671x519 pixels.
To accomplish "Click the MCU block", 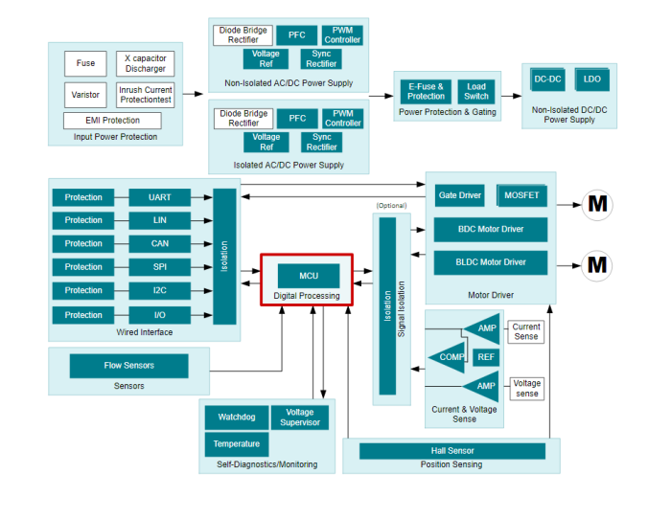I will [308, 275].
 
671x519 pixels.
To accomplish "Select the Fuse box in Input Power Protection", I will [86, 63].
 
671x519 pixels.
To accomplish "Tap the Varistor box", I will [86, 95].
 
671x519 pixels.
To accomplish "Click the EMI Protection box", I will [113, 121].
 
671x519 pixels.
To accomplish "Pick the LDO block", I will [592, 79].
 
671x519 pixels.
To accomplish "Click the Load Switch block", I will [476, 91].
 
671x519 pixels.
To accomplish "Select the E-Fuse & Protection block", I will [426, 91].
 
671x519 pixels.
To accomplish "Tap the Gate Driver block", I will [461, 194].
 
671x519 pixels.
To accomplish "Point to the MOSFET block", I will [522, 194].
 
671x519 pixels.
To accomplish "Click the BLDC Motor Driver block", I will [491, 262].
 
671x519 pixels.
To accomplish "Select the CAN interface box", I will [159, 243].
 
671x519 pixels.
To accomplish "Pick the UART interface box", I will [159, 197].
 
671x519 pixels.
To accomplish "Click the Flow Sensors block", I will [128, 365].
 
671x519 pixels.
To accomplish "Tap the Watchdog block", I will [235, 417].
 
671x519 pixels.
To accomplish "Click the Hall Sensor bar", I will [451, 450].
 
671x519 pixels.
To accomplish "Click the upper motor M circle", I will [597, 204].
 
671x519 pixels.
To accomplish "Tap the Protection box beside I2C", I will [83, 290].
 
